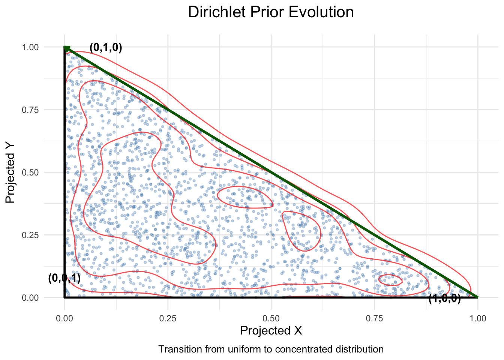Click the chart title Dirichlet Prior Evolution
point(271,12)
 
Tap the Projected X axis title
point(271,330)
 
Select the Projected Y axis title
point(11,172)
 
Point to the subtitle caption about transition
point(271,349)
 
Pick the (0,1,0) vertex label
point(106,48)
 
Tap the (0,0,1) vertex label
point(64,278)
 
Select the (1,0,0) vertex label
point(444,299)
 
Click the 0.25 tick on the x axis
point(168,319)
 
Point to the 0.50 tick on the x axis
point(271,319)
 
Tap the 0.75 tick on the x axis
point(374,319)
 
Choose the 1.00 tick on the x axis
point(478,319)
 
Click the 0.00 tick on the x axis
point(64,319)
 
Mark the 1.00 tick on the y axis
point(30,47)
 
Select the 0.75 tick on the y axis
point(30,109)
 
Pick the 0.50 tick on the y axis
point(30,172)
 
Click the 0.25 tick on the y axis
point(30,235)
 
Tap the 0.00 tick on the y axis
point(30,298)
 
